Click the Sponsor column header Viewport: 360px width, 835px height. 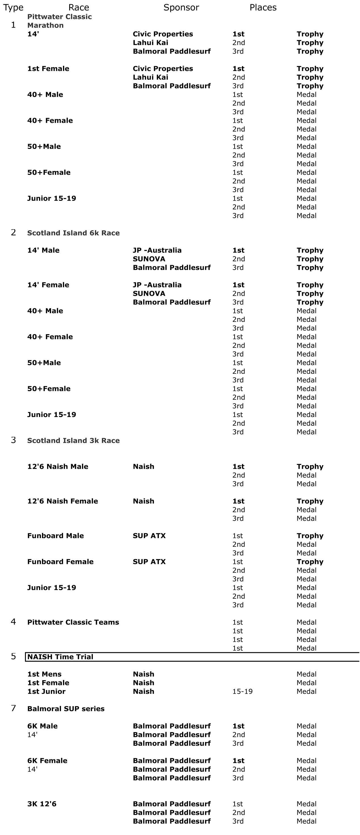point(181,7)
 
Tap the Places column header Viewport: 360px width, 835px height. point(263,7)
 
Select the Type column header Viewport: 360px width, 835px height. point(13,7)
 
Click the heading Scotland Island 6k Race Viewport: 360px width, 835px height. point(73,233)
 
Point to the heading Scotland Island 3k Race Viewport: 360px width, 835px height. point(73,440)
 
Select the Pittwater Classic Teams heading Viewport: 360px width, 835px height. point(73,622)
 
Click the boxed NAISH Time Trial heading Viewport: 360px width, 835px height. point(60,657)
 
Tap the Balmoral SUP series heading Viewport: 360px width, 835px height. point(66,709)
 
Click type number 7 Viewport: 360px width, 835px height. point(13,708)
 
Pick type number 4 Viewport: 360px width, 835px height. point(13,622)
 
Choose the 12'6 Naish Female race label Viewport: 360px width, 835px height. point(63,501)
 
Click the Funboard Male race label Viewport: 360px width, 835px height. point(55,536)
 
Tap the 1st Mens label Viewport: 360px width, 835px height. point(45,674)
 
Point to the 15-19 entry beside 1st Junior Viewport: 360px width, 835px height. point(242,691)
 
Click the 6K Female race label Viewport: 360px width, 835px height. point(47,760)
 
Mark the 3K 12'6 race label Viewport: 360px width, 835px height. point(42,804)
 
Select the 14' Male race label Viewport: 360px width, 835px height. point(43,250)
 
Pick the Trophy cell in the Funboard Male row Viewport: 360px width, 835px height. point(310,536)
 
